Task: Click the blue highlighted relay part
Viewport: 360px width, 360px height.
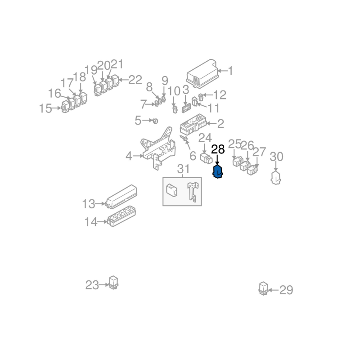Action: click(x=218, y=172)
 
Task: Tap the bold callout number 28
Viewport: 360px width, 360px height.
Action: click(x=218, y=149)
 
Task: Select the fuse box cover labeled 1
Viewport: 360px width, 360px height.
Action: click(x=202, y=73)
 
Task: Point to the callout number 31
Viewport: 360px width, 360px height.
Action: click(x=184, y=169)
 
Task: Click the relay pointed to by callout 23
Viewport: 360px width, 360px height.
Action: click(x=113, y=282)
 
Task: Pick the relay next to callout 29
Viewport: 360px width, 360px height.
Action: click(x=263, y=288)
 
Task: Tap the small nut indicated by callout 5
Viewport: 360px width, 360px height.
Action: click(x=155, y=121)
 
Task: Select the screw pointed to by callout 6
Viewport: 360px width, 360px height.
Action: click(x=184, y=138)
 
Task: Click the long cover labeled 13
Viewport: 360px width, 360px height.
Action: click(x=121, y=197)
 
